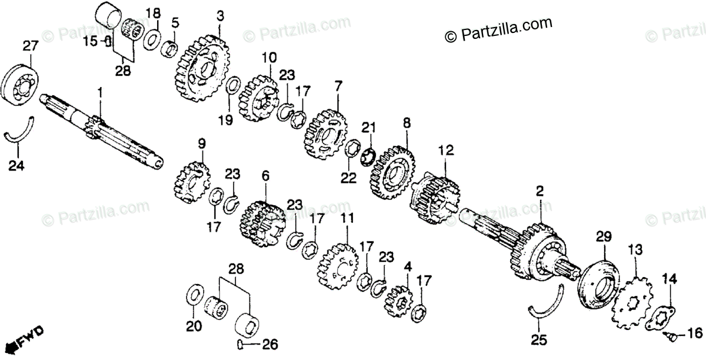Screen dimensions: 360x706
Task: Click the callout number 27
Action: point(31,45)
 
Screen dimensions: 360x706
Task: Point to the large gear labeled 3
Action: point(201,66)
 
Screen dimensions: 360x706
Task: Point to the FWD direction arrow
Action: point(26,338)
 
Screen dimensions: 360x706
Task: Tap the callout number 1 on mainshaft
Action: point(100,92)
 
